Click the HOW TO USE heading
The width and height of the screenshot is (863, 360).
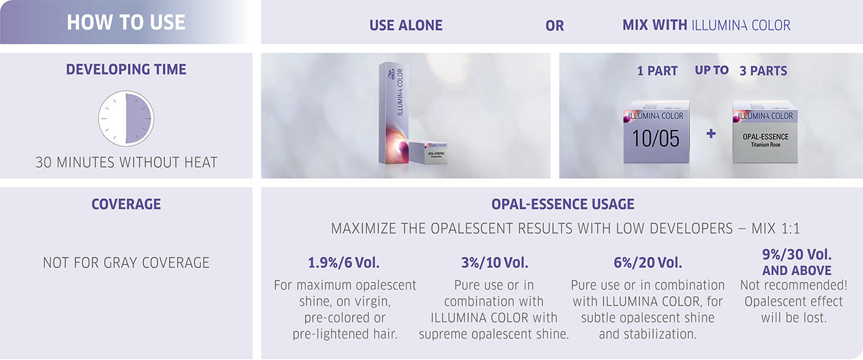(126, 22)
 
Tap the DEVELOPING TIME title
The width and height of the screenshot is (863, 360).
(126, 69)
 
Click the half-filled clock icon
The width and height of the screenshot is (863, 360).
(126, 118)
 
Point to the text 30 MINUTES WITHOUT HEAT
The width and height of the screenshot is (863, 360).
(126, 162)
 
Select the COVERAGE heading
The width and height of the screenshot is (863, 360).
(126, 204)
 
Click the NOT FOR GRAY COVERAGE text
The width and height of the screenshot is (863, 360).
(126, 263)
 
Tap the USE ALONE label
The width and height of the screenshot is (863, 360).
(405, 25)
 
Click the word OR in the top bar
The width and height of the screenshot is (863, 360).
(555, 26)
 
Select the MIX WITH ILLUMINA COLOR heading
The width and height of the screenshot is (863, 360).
(706, 25)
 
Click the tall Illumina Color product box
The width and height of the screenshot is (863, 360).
(394, 113)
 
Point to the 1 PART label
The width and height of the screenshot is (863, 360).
(657, 71)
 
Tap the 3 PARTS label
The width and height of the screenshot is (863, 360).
(763, 71)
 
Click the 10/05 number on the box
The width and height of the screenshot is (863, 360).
(656, 138)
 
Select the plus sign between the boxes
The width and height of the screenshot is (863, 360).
(711, 134)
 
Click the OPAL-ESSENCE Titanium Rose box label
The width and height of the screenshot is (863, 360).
(765, 140)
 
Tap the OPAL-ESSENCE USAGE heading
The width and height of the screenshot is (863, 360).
(563, 204)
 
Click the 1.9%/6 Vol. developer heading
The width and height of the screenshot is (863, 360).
(344, 263)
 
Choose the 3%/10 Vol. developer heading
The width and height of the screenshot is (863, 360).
(495, 263)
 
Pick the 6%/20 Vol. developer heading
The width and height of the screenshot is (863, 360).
(648, 263)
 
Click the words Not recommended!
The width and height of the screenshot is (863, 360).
(794, 285)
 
